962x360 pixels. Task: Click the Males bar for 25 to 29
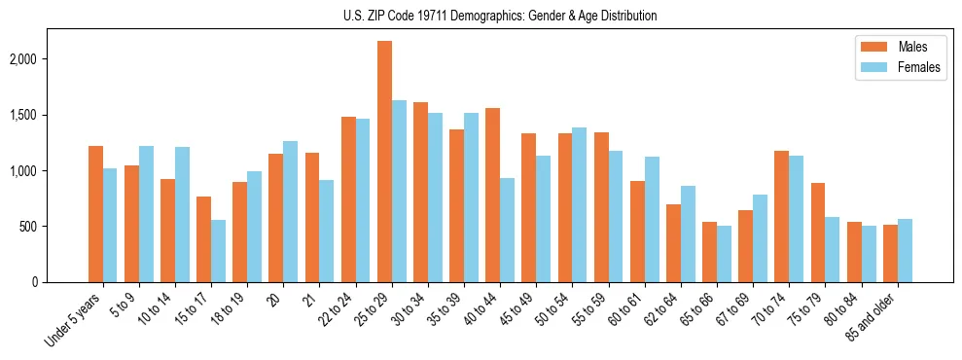(x=384, y=162)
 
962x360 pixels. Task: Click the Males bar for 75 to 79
(x=817, y=233)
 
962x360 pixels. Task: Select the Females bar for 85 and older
(x=905, y=250)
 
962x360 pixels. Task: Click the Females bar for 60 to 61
(x=652, y=219)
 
